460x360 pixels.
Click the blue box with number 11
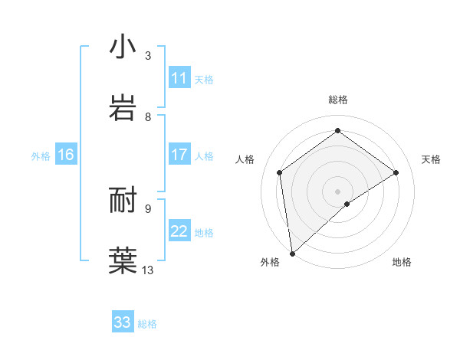click(179, 78)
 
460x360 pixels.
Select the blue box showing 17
click(179, 155)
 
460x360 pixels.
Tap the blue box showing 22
click(179, 231)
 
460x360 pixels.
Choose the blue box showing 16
click(66, 155)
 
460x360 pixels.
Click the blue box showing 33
click(123, 322)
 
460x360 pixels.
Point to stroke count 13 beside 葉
click(148, 270)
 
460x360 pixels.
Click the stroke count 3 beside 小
click(148, 56)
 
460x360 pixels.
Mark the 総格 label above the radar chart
click(337, 100)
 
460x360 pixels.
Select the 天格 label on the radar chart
click(431, 159)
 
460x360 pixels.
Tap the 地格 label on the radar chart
click(402, 262)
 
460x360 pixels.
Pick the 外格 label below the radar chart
click(270, 262)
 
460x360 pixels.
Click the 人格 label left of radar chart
click(245, 159)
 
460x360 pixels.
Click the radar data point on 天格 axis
click(396, 172)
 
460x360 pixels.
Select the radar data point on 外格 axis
click(291, 254)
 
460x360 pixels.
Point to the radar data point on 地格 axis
click(347, 204)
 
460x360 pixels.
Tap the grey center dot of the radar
click(337, 191)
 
